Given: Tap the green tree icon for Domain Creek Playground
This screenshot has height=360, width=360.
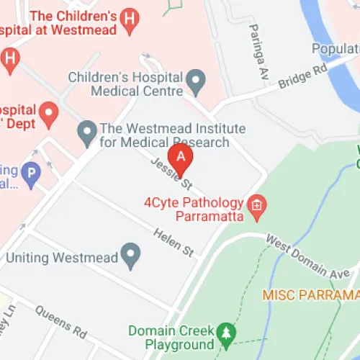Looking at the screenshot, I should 228,333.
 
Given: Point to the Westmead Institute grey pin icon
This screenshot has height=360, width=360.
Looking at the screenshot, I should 87,131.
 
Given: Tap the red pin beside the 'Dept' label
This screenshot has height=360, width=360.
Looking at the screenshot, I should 48,112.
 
